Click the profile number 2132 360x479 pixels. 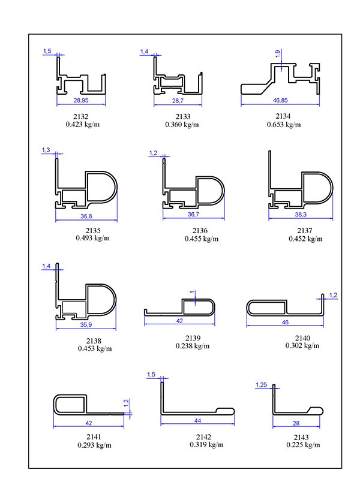tap(80, 116)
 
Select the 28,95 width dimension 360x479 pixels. tap(81, 100)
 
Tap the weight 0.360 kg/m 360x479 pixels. tap(182, 124)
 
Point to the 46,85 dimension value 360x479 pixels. tap(280, 100)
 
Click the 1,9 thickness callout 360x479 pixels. tap(278, 54)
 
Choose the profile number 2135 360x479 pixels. tap(93, 230)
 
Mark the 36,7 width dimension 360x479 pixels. tap(193, 215)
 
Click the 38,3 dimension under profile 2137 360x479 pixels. tap(301, 215)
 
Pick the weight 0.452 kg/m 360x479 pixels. tap(305, 239)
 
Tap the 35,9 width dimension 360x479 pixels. tap(86, 325)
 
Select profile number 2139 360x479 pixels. tap(193, 338)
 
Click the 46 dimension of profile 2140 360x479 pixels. tap(285, 323)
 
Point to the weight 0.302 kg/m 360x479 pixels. tap(302, 345)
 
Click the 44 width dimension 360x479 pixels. tap(197, 421)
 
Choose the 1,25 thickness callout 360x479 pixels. tap(261, 385)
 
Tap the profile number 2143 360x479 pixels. tap(301, 437)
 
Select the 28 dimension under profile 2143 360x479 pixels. tap(296, 423)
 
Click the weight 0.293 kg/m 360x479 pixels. tap(95, 445)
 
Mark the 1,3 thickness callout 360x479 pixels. tap(46, 150)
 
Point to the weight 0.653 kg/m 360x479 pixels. tap(284, 124)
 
